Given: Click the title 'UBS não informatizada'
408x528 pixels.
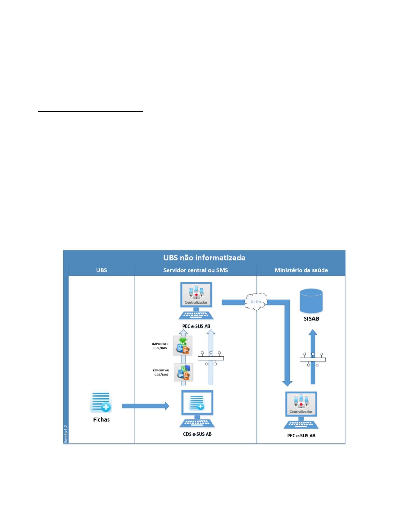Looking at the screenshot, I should pyautogui.click(x=204, y=258).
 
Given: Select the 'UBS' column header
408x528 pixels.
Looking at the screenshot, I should pyautogui.click(x=101, y=270).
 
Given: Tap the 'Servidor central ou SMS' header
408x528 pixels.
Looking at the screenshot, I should pyautogui.click(x=195, y=270).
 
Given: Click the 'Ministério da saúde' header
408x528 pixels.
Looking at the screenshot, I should pyautogui.click(x=301, y=270).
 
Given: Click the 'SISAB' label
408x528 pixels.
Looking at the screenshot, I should pyautogui.click(x=311, y=319).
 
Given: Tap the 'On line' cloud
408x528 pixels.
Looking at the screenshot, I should pyautogui.click(x=256, y=302).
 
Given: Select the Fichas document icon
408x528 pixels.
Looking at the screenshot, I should pyautogui.click(x=101, y=402).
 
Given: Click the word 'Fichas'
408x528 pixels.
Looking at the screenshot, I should pyautogui.click(x=101, y=420).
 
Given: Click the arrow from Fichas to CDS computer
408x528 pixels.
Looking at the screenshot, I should pyautogui.click(x=145, y=406).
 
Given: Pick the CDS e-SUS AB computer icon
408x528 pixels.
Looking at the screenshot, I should pyautogui.click(x=197, y=408).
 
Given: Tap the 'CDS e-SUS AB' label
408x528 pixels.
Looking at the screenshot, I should pyautogui.click(x=197, y=434).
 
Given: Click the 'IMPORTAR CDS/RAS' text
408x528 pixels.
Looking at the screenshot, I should pyautogui.click(x=160, y=346).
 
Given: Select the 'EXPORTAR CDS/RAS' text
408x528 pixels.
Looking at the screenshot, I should pyautogui.click(x=161, y=372).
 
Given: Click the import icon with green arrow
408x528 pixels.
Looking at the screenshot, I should pyautogui.click(x=183, y=346).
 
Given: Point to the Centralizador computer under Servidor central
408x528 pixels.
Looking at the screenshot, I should pyautogui.click(x=196, y=300).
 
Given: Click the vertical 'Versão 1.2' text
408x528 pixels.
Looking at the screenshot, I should pyautogui.click(x=66, y=434).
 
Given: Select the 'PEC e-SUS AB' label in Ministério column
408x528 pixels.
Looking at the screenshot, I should pyautogui.click(x=301, y=436).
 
